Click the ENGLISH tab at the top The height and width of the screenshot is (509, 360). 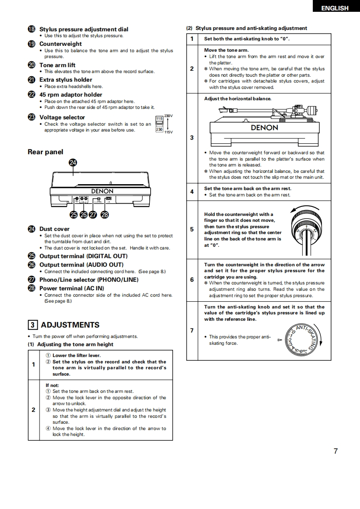point(335,8)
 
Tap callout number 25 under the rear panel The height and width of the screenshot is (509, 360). point(74,215)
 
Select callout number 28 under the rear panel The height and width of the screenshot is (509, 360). point(104,215)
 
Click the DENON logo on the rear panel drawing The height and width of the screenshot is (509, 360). point(102,191)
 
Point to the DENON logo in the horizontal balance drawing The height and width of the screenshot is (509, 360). point(264,127)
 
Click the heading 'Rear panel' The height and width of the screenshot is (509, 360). point(45,152)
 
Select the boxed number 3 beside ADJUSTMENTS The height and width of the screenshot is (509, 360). point(33,325)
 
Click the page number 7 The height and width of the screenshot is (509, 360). point(335,451)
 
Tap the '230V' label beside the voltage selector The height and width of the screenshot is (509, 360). point(168,116)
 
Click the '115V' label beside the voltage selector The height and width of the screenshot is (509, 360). point(168,132)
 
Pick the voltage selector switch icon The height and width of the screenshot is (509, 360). point(159,124)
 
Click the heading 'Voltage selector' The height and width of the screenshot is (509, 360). point(62,117)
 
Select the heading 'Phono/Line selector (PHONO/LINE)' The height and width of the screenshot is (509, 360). point(89,279)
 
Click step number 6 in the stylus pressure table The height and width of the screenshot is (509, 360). point(192,280)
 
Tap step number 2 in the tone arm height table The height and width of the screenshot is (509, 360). point(33,410)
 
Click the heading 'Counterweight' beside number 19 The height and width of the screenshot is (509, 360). point(61,44)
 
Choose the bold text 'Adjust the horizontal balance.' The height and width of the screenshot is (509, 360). point(237,98)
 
